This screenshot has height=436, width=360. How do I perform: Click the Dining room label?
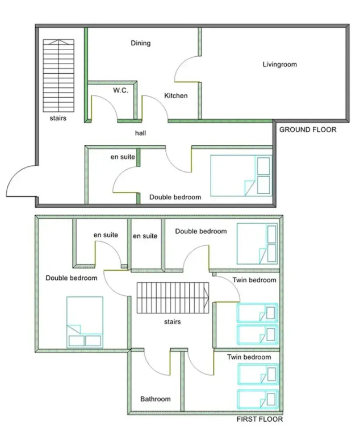coord(140,43)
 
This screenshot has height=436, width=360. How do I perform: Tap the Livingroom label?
coord(279,65)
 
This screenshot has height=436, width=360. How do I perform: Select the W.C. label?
coord(120,90)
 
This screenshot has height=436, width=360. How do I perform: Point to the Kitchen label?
coord(176,95)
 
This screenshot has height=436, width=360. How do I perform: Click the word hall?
coord(140,133)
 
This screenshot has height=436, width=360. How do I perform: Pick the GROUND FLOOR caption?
coord(308,129)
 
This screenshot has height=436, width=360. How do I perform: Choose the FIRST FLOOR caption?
coord(259,420)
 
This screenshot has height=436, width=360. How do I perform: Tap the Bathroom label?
coord(155,399)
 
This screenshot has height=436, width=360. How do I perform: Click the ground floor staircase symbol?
coord(58,76)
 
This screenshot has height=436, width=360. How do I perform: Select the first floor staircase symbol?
coord(173,298)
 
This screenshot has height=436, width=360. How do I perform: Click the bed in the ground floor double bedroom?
coord(241,176)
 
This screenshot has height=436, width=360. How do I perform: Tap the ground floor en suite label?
coord(123,157)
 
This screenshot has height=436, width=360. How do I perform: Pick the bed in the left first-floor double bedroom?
coord(85,322)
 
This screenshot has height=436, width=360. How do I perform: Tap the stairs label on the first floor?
coord(173,322)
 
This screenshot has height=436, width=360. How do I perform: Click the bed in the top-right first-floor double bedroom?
coord(257,244)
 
